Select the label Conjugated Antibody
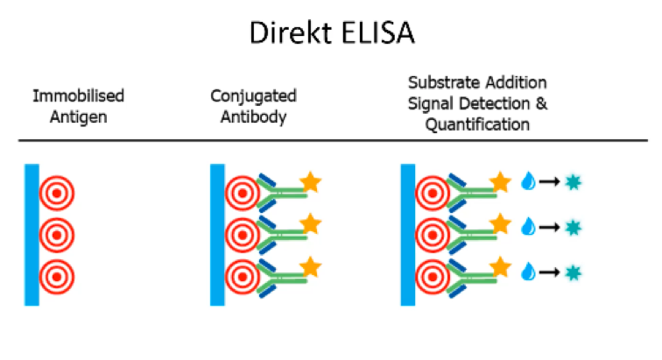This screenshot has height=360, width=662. click(254, 104)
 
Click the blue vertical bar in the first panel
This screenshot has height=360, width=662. click(32, 234)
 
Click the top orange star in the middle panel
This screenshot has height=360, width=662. click(309, 183)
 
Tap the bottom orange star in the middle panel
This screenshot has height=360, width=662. click(309, 265)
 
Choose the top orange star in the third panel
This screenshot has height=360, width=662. click(500, 183)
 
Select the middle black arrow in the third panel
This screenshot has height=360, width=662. click(550, 227)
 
